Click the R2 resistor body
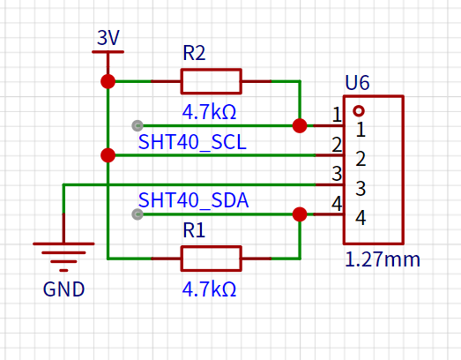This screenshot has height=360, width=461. coord(211,81)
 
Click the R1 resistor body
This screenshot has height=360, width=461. coord(211,259)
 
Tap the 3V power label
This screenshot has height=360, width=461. coord(108,38)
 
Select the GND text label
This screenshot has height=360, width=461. coord(63,289)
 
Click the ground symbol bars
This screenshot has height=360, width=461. coord(63,257)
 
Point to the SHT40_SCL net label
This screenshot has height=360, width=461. coord(192,142)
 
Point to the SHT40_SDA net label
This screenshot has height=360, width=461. coord(193,200)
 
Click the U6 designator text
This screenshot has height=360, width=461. coord(357,83)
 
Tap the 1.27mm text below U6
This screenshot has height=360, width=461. coord(383,259)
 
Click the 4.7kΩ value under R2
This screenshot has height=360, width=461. coord(209,112)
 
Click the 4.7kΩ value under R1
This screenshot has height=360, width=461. coord(209,289)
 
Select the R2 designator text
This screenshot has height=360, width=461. coord(194,53)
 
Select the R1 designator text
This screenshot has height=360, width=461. coord(194,230)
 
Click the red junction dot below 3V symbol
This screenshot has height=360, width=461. coord(108,81)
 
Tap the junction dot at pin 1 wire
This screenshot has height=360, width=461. coord(300,125)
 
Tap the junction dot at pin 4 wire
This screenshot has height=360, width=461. coord(300,214)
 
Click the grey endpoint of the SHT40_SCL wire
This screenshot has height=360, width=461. coord(138,125)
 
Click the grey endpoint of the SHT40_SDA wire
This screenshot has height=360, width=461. coord(138,214)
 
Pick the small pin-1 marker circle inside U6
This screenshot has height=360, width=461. coord(359,111)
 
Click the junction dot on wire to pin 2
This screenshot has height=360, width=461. coord(108,155)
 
